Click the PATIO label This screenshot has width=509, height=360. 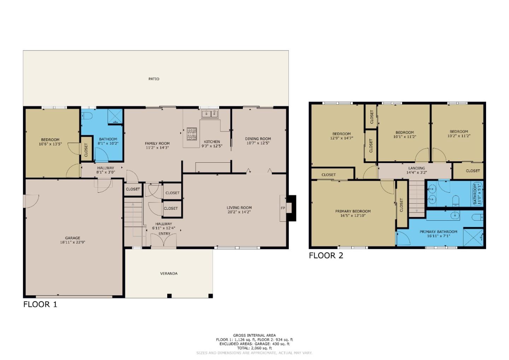[x=154, y=79]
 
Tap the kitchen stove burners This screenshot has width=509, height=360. [x=192, y=134]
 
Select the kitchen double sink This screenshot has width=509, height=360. [x=210, y=114]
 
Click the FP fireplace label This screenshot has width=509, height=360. [x=283, y=208]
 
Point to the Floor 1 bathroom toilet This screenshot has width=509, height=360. [x=87, y=116]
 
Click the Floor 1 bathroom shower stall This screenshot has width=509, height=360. [x=115, y=116]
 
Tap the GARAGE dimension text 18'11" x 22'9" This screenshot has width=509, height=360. [x=72, y=242]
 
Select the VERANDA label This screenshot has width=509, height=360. [x=169, y=273]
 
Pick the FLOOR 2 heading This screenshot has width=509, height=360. [x=326, y=255]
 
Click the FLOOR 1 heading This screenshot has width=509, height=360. [x=40, y=304]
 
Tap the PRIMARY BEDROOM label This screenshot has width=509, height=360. [x=353, y=211]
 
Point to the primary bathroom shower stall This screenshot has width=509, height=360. [x=473, y=238]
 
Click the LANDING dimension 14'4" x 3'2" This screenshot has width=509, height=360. [x=416, y=173]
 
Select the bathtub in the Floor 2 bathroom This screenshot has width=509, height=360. [x=478, y=194]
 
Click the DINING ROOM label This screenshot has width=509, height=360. [x=258, y=139]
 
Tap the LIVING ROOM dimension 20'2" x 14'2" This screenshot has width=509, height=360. [x=239, y=212]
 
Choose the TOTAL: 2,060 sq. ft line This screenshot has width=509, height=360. [x=254, y=348]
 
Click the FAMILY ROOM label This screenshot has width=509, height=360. [x=157, y=144]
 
